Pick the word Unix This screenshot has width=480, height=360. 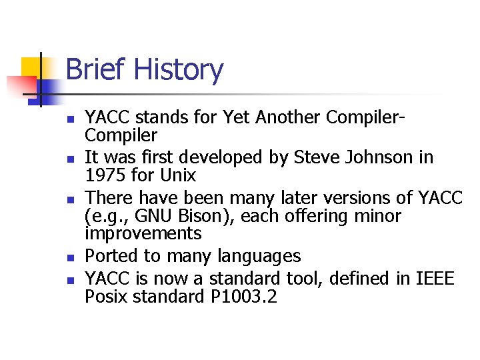pyautogui.click(x=176, y=175)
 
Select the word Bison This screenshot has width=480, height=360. pyautogui.click(x=198, y=216)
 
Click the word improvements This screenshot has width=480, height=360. pyautogui.click(x=143, y=234)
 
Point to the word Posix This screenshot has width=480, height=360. pyautogui.click(x=106, y=296)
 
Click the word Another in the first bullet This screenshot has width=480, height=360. pyautogui.click(x=284, y=117)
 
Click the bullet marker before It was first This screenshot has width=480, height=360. pyautogui.click(x=69, y=159)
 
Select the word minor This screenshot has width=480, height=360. pyautogui.click(x=377, y=216)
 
